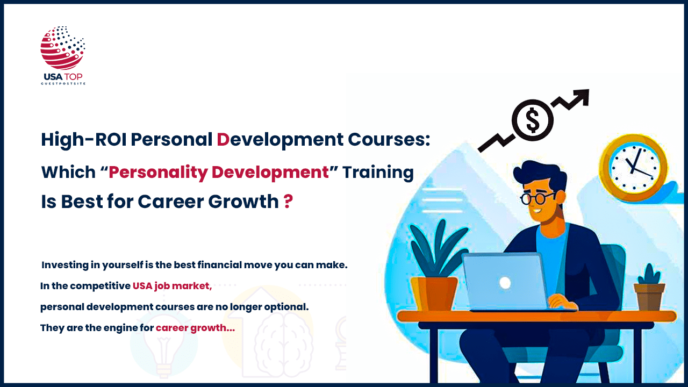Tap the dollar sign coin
pyautogui.click(x=532, y=120)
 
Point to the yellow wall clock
pyautogui.click(x=633, y=167)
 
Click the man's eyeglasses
pyautogui.click(x=537, y=197)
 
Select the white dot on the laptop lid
pyautogui.click(x=505, y=282)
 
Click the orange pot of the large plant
pyautogui.click(x=434, y=293)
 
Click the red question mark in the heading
pyautogui.click(x=288, y=202)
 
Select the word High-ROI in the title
pyautogui.click(x=83, y=140)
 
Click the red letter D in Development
pyautogui.click(x=223, y=140)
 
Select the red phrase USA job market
pyautogui.click(x=172, y=286)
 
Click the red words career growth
pyautogui.click(x=195, y=327)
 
